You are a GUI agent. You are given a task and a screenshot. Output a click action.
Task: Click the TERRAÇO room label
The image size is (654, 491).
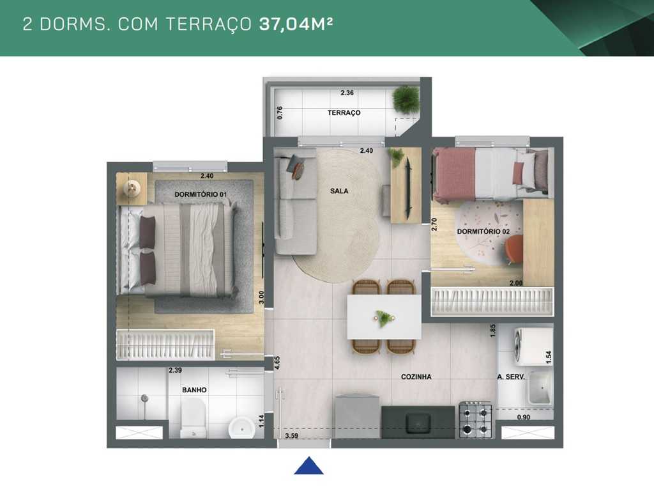coord(344,113)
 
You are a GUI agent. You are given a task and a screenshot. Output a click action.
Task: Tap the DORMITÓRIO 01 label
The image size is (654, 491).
coord(201,194)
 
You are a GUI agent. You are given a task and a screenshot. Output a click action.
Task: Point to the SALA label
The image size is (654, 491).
coord(339,191)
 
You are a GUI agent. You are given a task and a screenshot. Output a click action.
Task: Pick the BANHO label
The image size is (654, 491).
coord(194,389)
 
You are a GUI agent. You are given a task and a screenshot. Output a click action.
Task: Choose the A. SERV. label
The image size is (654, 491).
coord(511,377)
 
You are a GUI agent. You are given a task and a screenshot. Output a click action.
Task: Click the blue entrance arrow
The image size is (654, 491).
coord(308,466)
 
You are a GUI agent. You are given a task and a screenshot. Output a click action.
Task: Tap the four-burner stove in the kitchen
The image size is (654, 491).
coord(475,420)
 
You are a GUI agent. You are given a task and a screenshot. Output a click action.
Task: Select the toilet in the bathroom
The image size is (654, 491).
coord(192,419)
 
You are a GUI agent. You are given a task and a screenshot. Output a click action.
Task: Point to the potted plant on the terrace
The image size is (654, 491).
coord(406,99)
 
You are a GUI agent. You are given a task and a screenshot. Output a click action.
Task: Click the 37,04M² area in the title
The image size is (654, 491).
coord(297,24)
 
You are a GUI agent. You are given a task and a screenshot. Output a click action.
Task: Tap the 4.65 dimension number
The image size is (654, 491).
coord(277,362)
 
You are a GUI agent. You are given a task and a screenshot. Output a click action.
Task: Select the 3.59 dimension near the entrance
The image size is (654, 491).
coord(291,436)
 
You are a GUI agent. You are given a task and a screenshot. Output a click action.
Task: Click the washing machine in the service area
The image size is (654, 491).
coord(534,346)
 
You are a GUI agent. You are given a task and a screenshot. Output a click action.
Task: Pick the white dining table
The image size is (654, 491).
coord(384,316)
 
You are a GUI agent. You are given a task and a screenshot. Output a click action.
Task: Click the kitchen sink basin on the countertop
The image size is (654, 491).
coord(418,422)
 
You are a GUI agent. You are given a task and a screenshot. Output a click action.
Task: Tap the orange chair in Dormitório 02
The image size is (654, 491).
coord(513,249)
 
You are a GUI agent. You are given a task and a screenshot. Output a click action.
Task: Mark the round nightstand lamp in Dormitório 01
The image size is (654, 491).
coord(132,187)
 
